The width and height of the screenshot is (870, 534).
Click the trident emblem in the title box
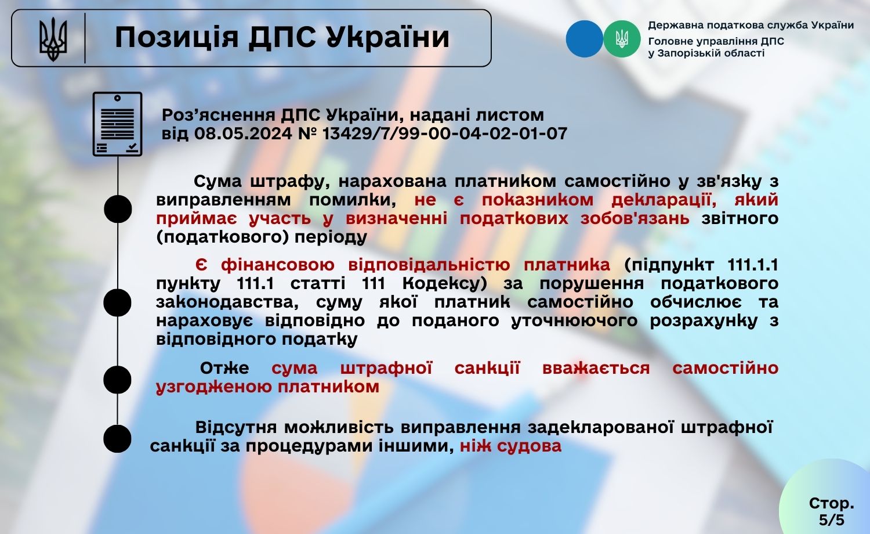53,39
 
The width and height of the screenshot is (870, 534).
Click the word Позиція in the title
177,37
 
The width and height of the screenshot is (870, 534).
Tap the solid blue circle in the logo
584,39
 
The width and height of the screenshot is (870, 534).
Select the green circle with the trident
622,39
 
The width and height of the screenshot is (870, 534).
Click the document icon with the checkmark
117,124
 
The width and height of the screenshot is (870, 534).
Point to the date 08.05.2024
243,133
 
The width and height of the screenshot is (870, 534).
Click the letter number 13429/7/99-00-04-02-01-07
445,133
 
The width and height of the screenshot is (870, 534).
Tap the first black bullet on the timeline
118,209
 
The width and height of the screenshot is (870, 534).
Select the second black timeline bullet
117,302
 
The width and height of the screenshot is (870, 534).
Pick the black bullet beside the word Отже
117,380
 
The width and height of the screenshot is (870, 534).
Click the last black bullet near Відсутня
117,438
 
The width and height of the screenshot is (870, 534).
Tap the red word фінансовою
278,265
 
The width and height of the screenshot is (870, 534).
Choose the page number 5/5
832,519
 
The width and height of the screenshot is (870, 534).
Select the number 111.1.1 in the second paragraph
752,265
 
